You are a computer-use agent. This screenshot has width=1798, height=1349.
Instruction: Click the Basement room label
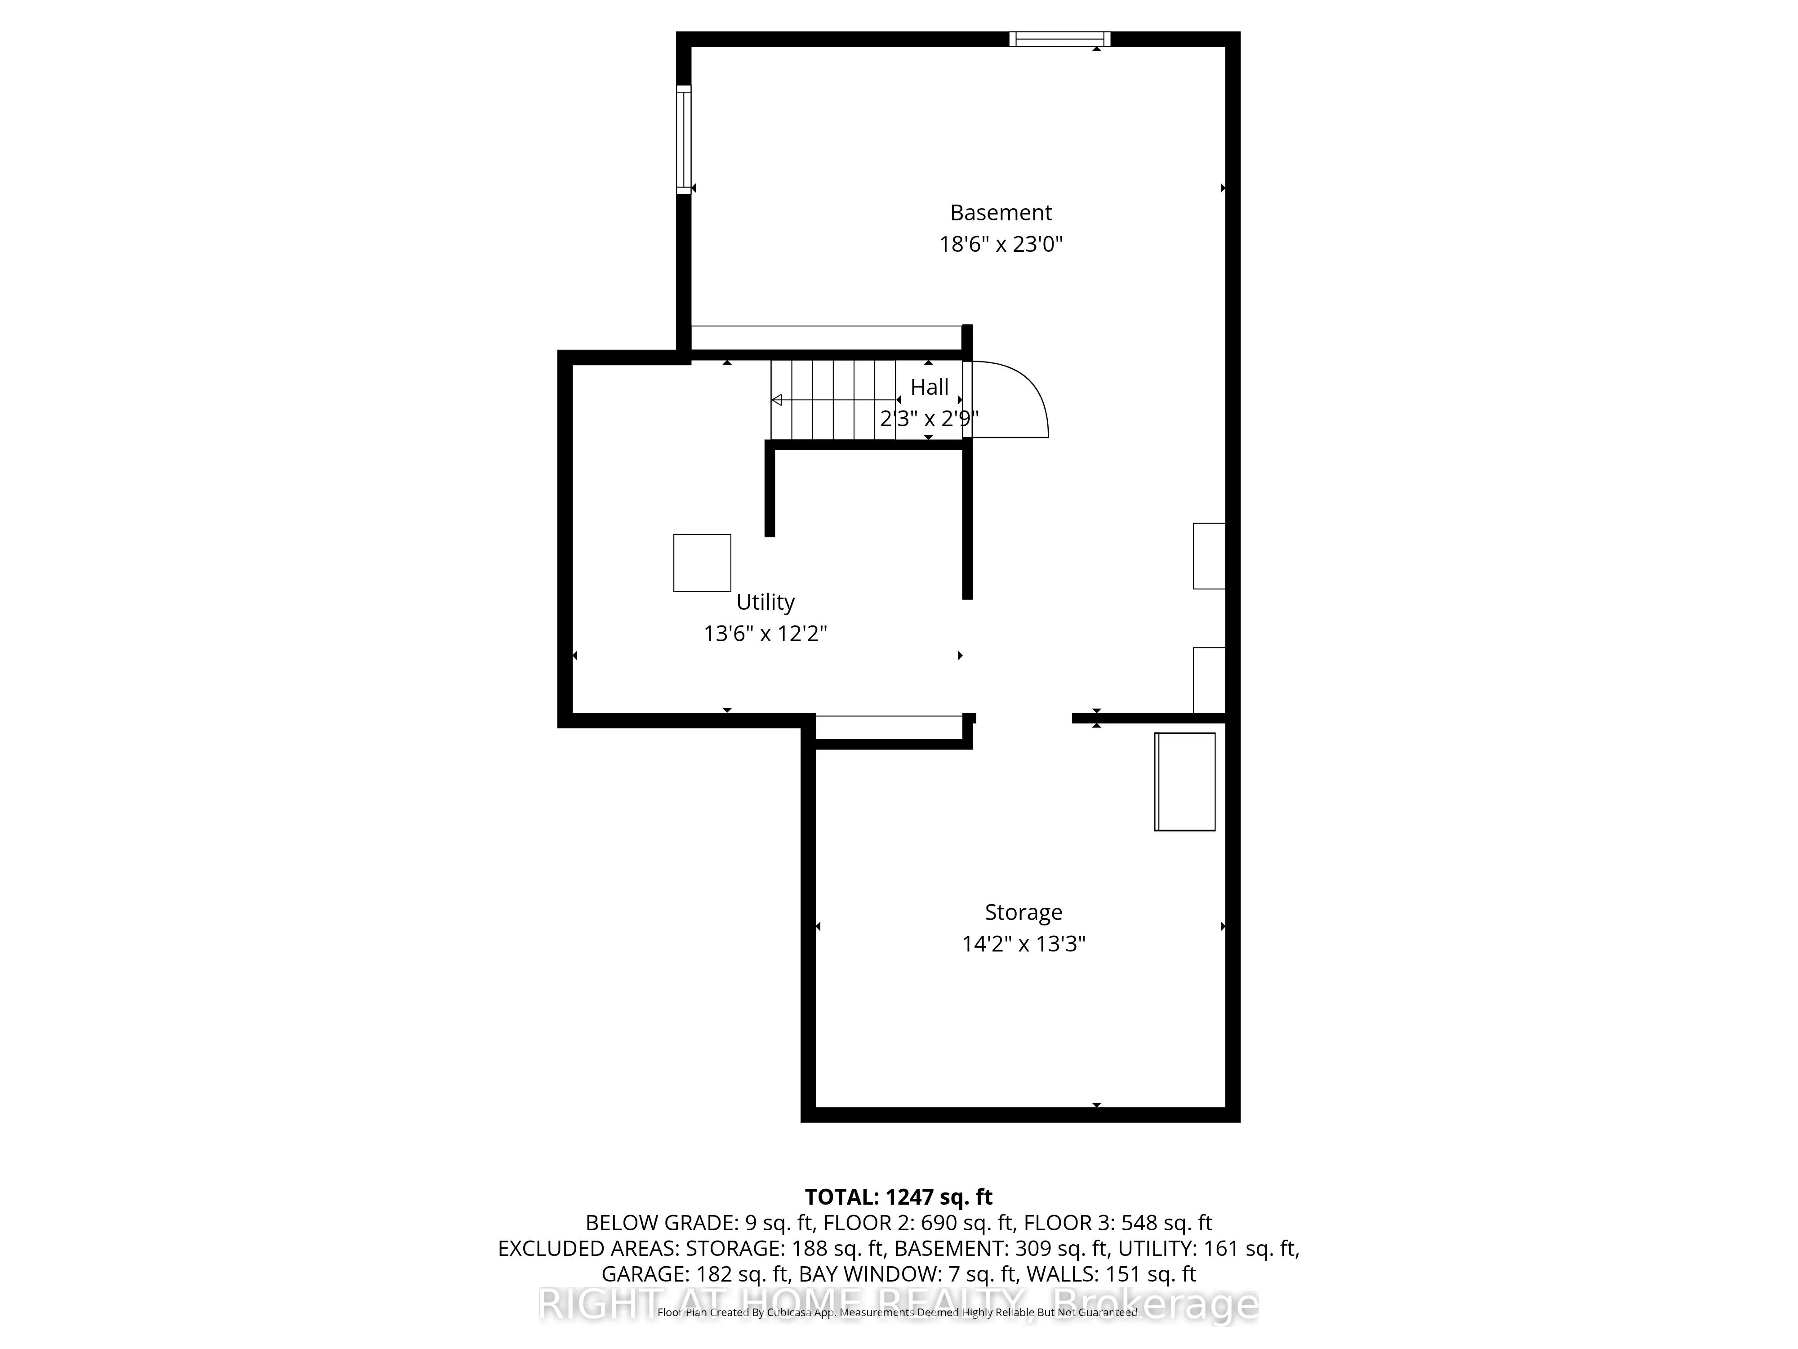[1001, 213]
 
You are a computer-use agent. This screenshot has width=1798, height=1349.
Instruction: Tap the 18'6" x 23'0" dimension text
[1001, 244]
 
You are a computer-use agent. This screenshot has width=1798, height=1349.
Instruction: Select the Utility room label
[765, 603]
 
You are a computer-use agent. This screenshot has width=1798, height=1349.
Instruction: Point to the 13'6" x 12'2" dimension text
[765, 634]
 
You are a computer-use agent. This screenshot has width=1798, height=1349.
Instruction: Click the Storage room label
[1024, 912]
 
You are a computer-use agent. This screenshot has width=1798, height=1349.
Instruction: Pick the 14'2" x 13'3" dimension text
[1024, 944]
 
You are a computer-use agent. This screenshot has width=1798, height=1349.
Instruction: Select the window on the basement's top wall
[1059, 39]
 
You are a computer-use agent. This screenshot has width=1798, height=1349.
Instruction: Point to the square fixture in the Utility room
[702, 563]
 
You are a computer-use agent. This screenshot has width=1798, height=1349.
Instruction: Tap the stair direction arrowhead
[776, 400]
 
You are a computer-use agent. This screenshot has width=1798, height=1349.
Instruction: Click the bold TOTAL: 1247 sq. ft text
[898, 1197]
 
